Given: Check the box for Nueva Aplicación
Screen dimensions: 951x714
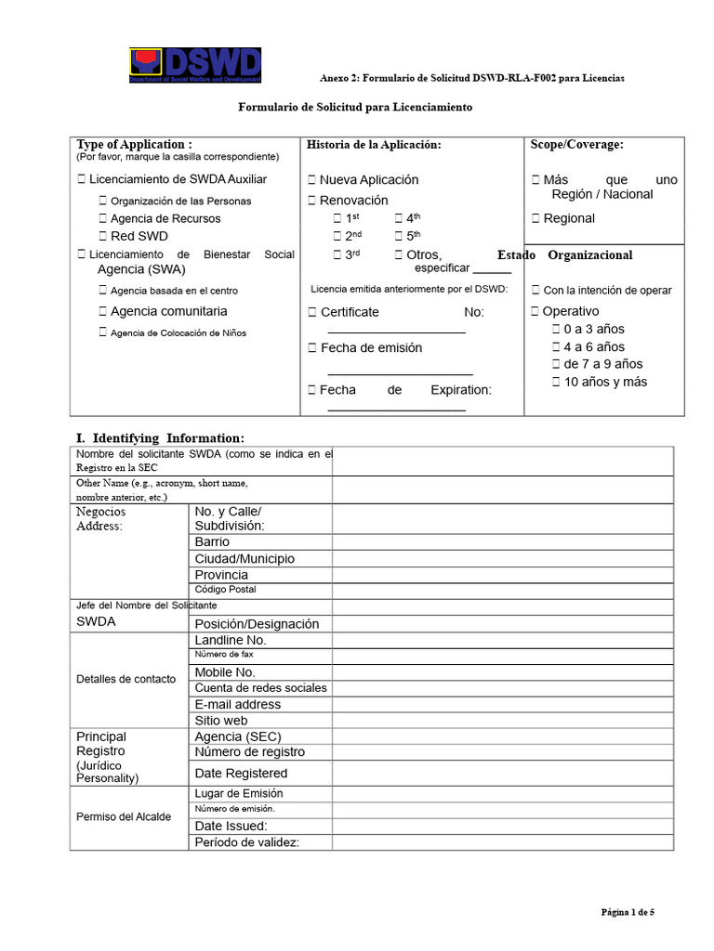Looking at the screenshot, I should coord(312,180).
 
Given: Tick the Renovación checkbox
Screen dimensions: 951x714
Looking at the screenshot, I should coord(312,201).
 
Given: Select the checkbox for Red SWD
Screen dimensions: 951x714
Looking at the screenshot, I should coord(103,237).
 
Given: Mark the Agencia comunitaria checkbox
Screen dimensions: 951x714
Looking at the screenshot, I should coord(103,312).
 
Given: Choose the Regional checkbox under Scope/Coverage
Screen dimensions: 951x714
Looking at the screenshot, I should coord(535,219).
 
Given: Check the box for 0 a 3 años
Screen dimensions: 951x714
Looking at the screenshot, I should coord(556,330).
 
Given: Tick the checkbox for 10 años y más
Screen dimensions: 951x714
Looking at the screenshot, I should coord(556,383).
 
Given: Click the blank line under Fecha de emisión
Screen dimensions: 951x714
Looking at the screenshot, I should coord(401,371).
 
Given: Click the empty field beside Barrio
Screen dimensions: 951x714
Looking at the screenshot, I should coord(502,542).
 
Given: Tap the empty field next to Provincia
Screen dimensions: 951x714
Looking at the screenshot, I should coord(502,575).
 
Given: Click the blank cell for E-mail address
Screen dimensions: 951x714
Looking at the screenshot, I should coord(502,704).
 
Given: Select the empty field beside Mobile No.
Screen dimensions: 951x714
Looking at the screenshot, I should coord(502,672).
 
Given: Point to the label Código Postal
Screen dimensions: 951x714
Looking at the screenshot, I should coord(225,590).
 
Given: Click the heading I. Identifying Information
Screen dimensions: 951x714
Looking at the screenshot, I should coord(160,437).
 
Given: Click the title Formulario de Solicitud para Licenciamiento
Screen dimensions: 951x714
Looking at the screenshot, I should coord(355,108).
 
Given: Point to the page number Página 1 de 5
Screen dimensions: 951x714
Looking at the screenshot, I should coord(628,912).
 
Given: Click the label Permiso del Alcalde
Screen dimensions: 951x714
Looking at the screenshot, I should coord(124,817).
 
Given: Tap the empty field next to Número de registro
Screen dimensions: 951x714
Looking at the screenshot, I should coord(502,752).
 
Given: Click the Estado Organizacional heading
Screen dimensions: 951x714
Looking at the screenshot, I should coord(565,255).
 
